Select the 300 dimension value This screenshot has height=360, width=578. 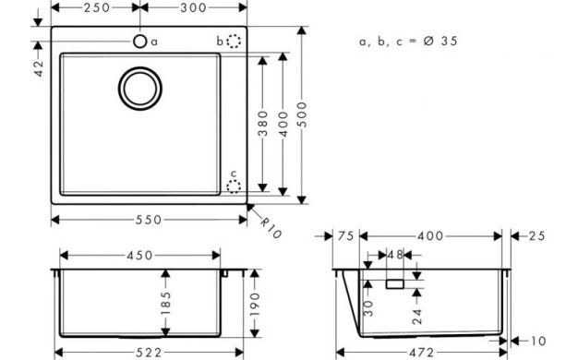[193, 8]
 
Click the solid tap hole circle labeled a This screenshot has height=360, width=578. [139, 41]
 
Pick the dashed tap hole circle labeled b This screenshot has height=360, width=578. [235, 41]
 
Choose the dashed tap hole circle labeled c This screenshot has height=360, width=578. [235, 186]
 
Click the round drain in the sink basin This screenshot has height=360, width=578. [139, 87]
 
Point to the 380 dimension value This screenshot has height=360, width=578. [263, 125]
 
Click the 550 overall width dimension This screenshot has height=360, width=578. [149, 220]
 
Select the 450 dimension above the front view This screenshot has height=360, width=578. [140, 254]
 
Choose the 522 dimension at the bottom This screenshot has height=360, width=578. [149, 352]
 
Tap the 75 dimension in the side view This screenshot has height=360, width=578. [346, 237]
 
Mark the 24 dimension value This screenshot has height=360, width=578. [416, 317]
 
